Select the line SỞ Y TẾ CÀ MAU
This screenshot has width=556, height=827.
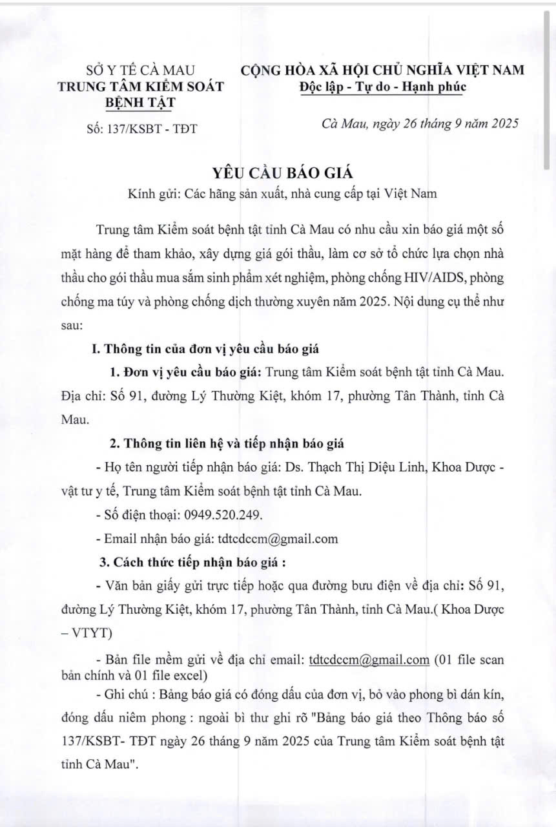pyautogui.click(x=140, y=70)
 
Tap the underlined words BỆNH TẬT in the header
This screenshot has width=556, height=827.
pyautogui.click(x=140, y=102)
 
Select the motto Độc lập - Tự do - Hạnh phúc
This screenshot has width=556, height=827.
pyautogui.click(x=381, y=87)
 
